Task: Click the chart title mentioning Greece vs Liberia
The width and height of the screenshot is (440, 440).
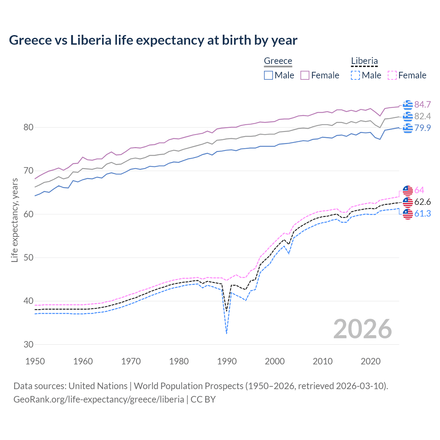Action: pyautogui.click(x=153, y=40)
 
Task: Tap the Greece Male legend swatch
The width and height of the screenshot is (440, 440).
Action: pyautogui.click(x=268, y=75)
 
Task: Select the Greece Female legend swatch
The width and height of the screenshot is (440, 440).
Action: pyautogui.click(x=305, y=75)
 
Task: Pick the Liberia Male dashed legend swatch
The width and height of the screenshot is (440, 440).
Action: pyautogui.click(x=355, y=75)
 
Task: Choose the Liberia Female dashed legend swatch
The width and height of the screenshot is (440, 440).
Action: pyautogui.click(x=392, y=75)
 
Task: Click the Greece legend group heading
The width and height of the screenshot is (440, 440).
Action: pyautogui.click(x=278, y=61)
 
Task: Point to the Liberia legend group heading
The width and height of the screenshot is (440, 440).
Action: pyautogui.click(x=364, y=61)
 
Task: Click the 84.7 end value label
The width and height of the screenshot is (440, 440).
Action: pyautogui.click(x=422, y=104)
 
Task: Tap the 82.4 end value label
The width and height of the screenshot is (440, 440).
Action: pyautogui.click(x=422, y=116)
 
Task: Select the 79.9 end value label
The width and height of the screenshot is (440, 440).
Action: pyautogui.click(x=422, y=128)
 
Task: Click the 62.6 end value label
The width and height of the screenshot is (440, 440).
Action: pyautogui.click(x=422, y=202)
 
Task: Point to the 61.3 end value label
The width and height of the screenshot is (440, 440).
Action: pyautogui.click(x=422, y=213)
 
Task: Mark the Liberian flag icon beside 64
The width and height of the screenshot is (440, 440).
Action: pyautogui.click(x=408, y=190)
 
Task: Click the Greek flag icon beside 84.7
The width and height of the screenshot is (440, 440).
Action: pyautogui.click(x=408, y=104)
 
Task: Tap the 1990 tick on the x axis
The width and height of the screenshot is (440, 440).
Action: pyautogui.click(x=227, y=361)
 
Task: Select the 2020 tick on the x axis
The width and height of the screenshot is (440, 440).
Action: pyautogui.click(x=371, y=361)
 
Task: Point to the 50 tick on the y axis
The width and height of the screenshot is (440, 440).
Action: pyautogui.click(x=28, y=257)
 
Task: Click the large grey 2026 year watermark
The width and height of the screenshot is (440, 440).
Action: pyautogui.click(x=363, y=329)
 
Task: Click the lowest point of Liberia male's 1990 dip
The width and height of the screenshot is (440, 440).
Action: pyautogui.click(x=227, y=333)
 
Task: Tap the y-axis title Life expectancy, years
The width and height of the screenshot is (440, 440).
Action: pyautogui.click(x=14, y=220)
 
